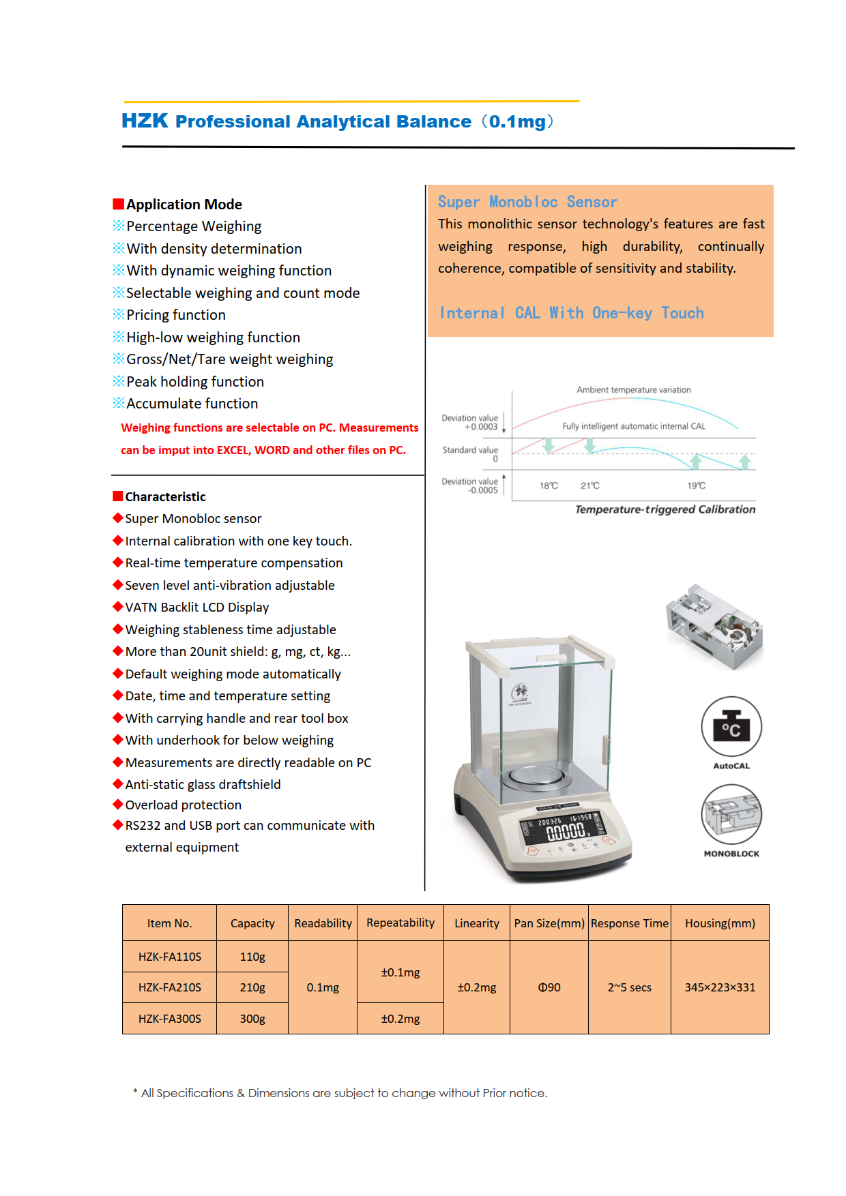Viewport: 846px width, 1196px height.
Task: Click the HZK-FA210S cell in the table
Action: (169, 987)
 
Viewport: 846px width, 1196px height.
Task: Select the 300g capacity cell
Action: (252, 1019)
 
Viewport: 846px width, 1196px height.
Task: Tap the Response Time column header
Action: (629, 923)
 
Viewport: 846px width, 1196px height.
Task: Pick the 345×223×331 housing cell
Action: (720, 987)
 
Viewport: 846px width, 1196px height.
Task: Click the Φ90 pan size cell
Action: (549, 987)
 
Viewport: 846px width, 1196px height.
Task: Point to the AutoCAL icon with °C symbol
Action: (731, 728)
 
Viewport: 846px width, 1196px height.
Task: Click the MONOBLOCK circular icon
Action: (731, 814)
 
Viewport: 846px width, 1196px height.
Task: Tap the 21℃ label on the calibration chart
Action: (590, 485)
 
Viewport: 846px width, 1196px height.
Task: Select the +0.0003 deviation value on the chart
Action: (481, 427)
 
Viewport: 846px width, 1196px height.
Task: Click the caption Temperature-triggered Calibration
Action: (665, 509)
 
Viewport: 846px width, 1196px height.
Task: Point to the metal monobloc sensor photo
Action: (714, 627)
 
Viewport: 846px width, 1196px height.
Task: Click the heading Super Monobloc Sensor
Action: (527, 202)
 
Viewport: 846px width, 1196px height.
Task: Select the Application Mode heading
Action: (184, 205)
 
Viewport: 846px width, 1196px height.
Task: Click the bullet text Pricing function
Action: (176, 315)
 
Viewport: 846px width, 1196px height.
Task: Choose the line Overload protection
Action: (184, 805)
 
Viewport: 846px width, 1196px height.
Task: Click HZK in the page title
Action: (145, 121)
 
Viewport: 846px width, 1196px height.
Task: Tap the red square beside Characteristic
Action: (118, 496)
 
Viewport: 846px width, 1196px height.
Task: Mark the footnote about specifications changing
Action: (340, 1093)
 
